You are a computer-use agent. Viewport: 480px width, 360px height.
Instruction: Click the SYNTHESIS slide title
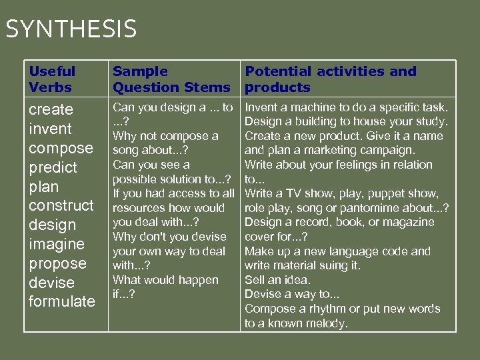(x=71, y=29)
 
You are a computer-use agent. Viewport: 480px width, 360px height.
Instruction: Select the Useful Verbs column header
(x=52, y=79)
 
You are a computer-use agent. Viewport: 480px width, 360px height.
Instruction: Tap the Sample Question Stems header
(x=171, y=79)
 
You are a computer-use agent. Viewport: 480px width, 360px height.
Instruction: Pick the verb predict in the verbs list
(x=53, y=167)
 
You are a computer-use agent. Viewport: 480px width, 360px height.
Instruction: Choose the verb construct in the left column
(x=61, y=205)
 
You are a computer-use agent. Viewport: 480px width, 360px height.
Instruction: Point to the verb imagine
(x=57, y=244)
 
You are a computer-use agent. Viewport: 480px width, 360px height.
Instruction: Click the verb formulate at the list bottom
(x=62, y=301)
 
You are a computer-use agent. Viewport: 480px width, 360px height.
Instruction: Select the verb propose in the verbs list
(x=57, y=263)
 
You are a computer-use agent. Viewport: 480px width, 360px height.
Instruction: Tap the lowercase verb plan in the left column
(x=44, y=187)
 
